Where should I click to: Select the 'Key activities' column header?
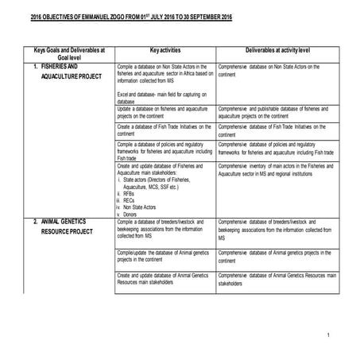pos(165,49)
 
